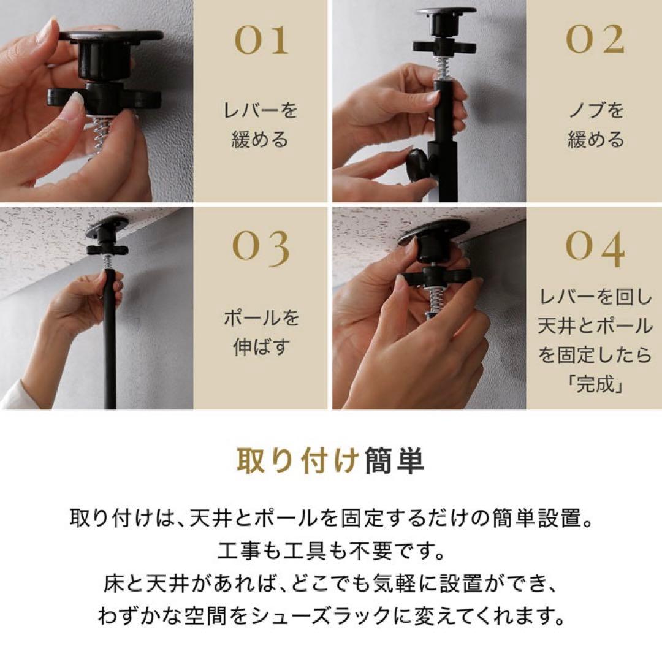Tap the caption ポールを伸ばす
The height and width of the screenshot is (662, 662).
click(x=261, y=333)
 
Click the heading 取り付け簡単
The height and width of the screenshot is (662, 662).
click(x=330, y=462)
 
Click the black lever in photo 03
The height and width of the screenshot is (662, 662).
click(x=107, y=249)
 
